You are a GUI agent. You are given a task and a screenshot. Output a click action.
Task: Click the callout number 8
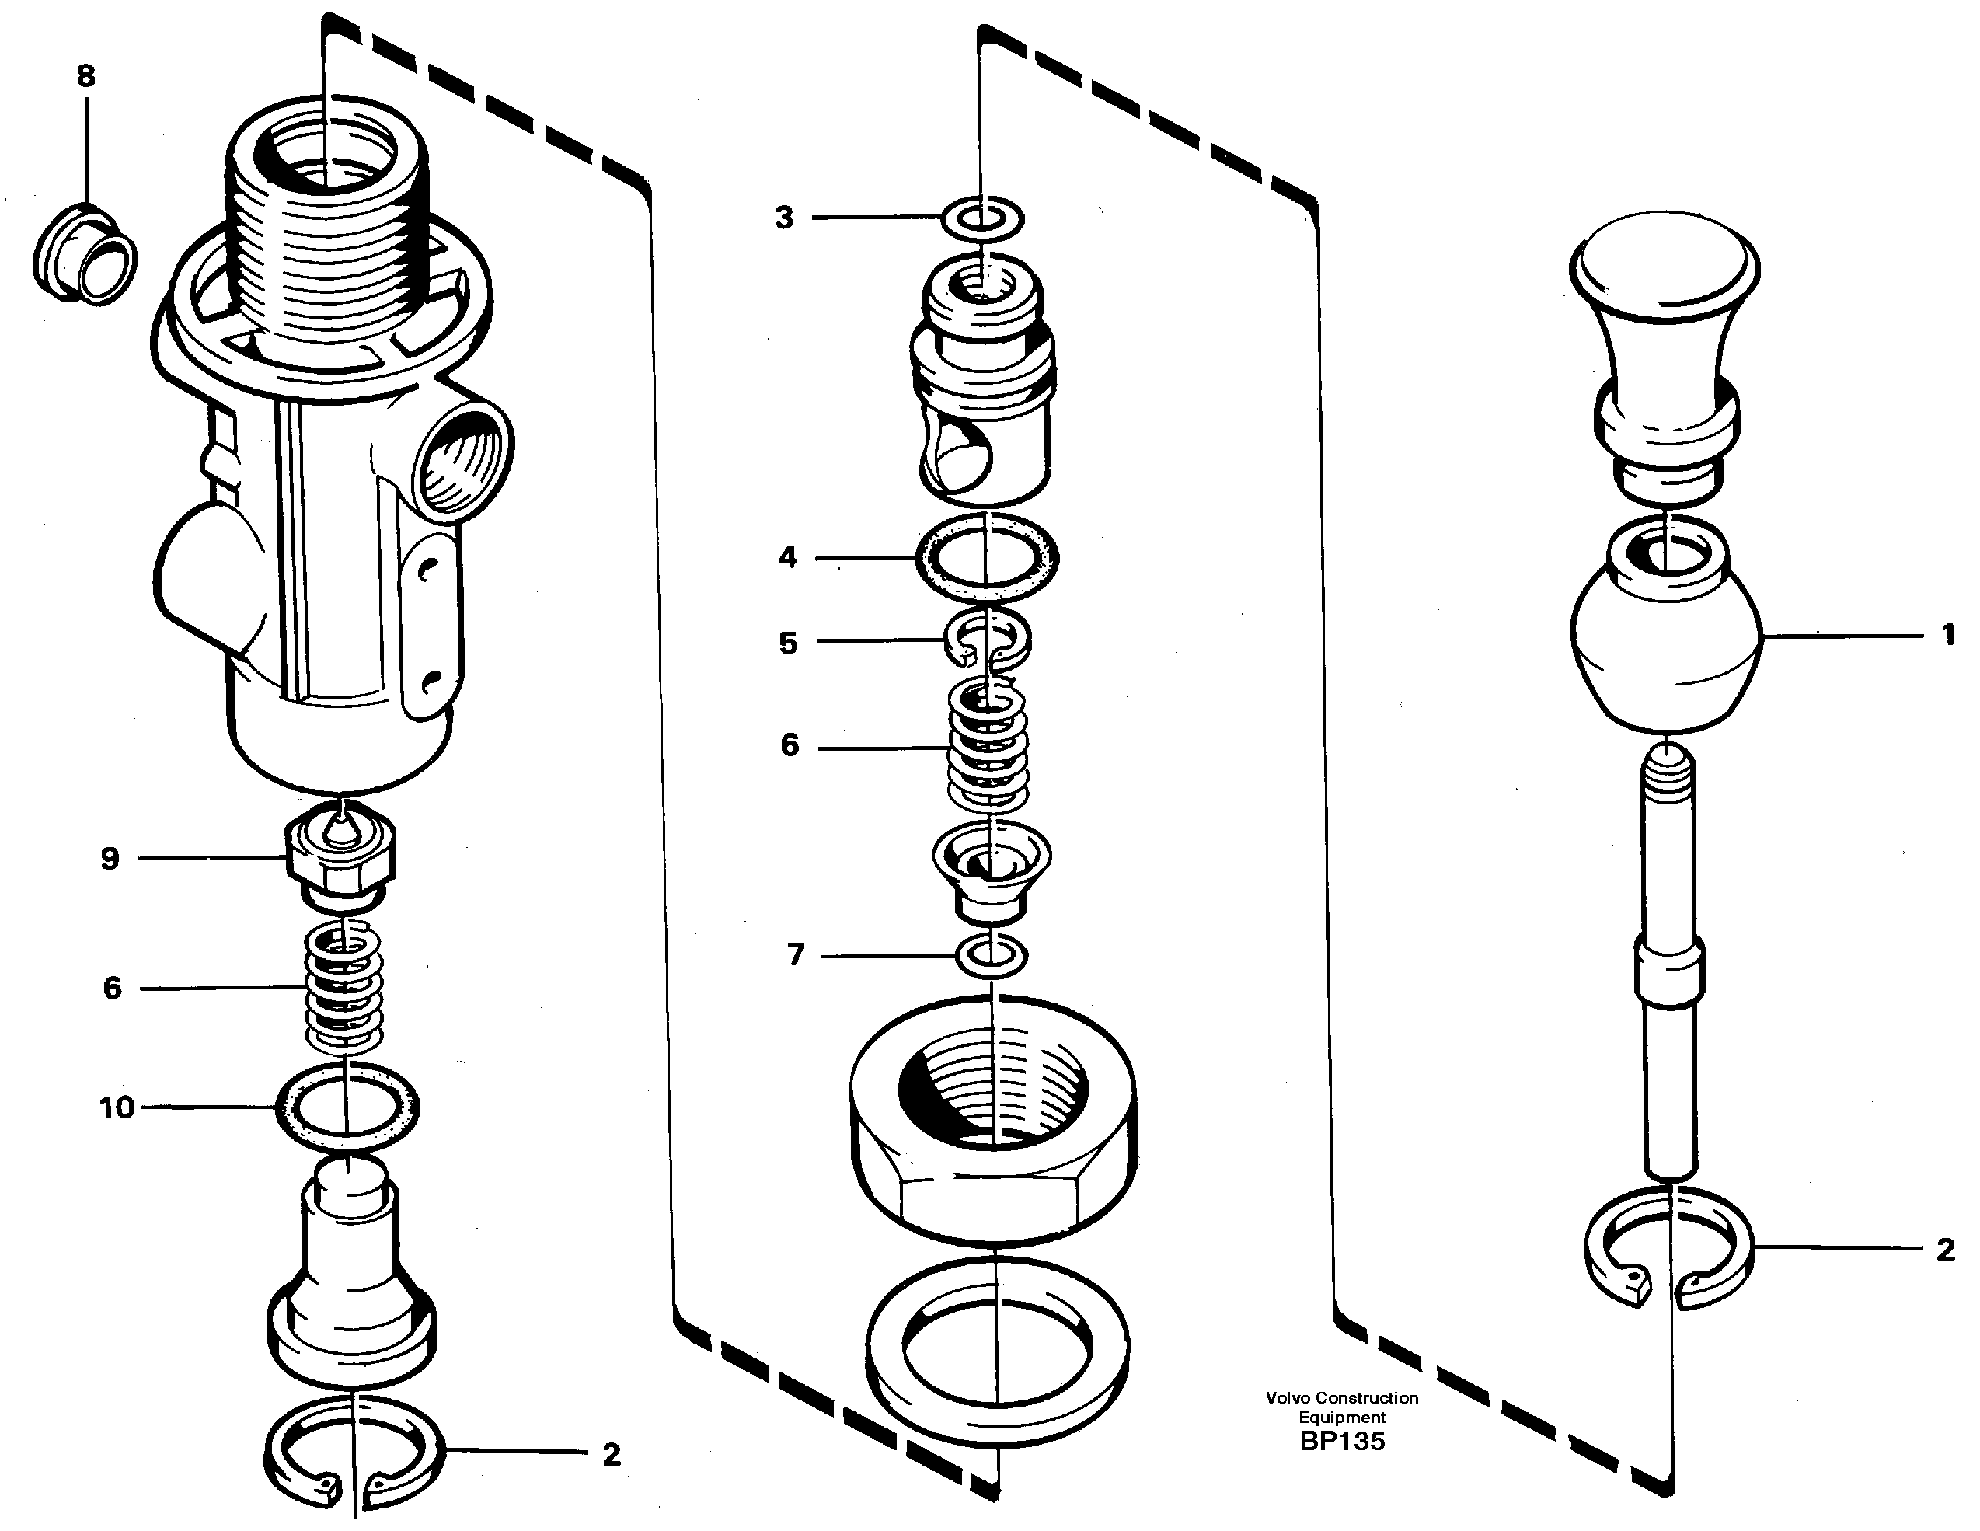[85, 76]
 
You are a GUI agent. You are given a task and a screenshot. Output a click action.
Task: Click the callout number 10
[117, 1107]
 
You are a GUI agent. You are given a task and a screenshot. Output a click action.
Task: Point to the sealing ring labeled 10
[347, 1107]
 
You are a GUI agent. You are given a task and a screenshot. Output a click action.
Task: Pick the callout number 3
[784, 218]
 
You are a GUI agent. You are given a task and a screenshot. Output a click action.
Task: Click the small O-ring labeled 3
[983, 218]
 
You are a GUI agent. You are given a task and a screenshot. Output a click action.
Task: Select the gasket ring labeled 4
[988, 557]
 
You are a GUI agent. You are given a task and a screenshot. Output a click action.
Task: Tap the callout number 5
[788, 643]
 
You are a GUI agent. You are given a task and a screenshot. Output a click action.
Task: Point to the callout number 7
[795, 954]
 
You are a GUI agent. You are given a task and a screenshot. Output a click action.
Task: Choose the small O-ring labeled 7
[992, 955]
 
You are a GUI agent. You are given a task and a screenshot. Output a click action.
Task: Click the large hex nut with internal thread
[994, 1151]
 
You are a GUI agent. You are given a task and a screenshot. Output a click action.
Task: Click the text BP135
[1342, 1442]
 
